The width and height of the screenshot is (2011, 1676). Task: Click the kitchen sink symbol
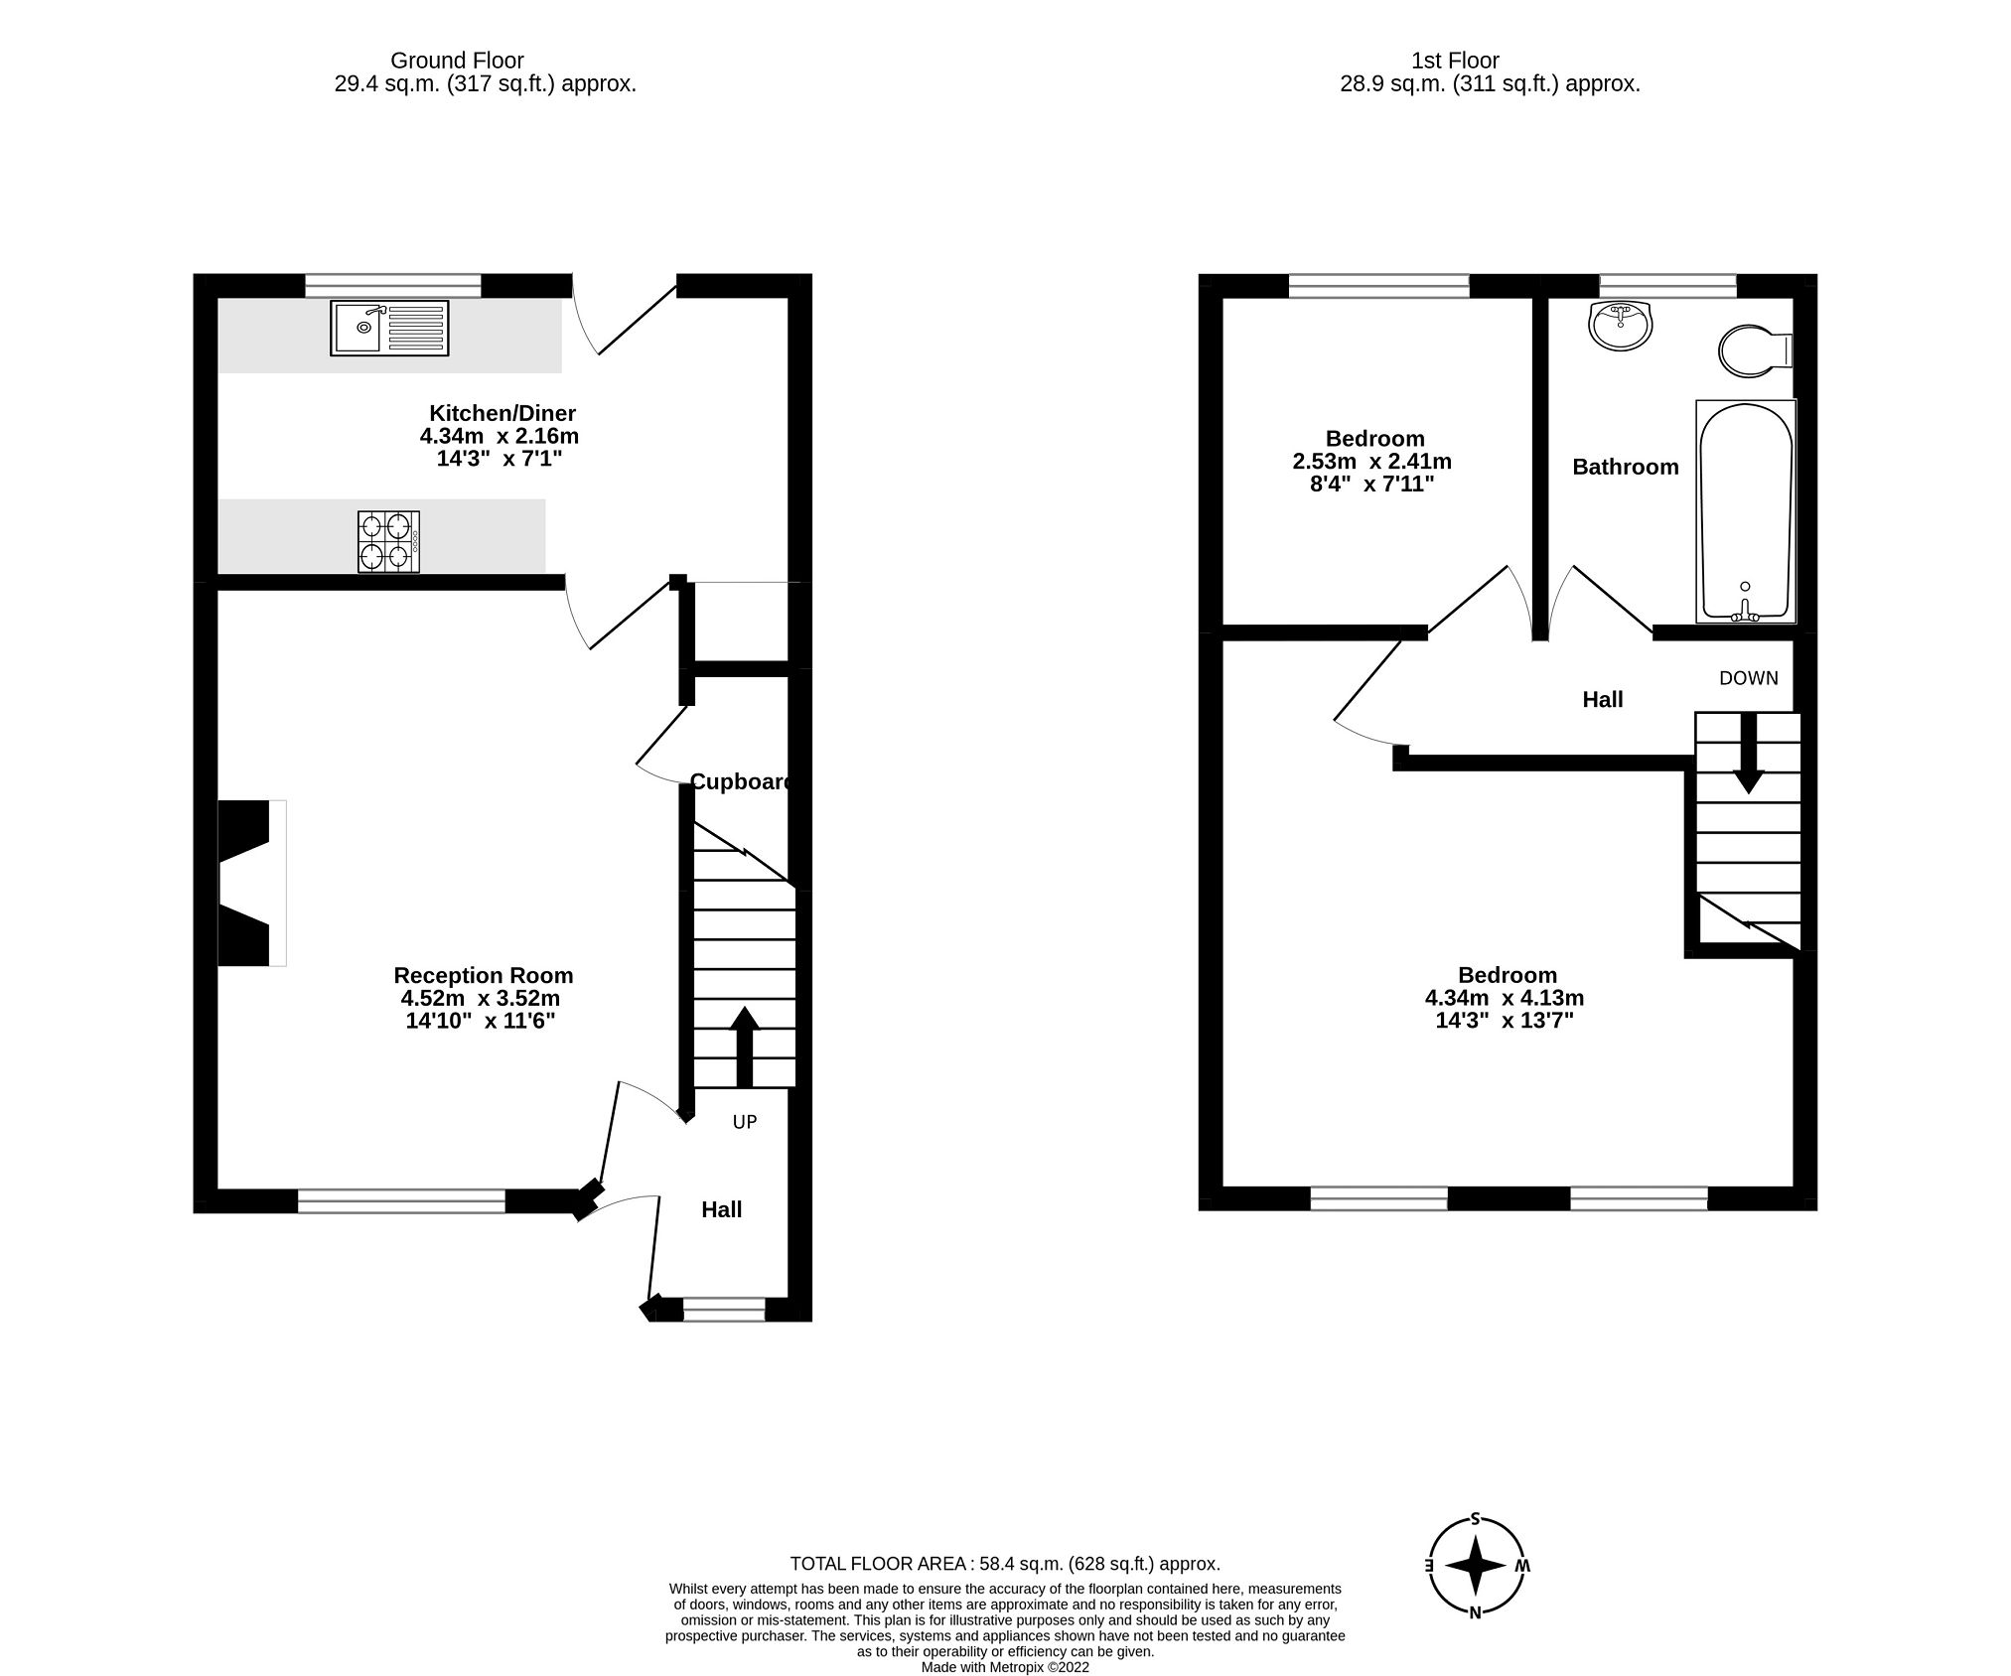[389, 328]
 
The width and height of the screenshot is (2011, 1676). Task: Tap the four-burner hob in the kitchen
[388, 542]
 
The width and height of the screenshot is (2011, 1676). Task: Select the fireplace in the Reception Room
[250, 883]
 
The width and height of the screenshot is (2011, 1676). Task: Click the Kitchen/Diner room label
[502, 413]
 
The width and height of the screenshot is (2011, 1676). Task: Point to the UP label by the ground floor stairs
[745, 1122]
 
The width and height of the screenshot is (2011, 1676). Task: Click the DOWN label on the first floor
[1749, 678]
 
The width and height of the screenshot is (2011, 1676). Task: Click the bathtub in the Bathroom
[1746, 511]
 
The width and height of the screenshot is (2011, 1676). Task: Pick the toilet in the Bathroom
[1753, 351]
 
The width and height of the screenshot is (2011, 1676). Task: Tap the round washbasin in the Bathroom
[1621, 326]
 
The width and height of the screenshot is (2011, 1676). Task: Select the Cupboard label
[741, 781]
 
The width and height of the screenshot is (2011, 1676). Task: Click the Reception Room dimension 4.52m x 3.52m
[483, 998]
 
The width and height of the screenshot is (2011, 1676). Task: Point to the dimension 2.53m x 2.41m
[1371, 462]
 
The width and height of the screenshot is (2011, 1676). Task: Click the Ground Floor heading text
[457, 61]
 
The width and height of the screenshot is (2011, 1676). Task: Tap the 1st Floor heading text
[1455, 61]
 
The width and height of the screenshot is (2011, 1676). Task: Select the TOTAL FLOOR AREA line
[1004, 1564]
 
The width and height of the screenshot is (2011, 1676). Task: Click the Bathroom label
[1625, 467]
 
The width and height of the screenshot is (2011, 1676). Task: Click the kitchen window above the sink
[392, 286]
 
